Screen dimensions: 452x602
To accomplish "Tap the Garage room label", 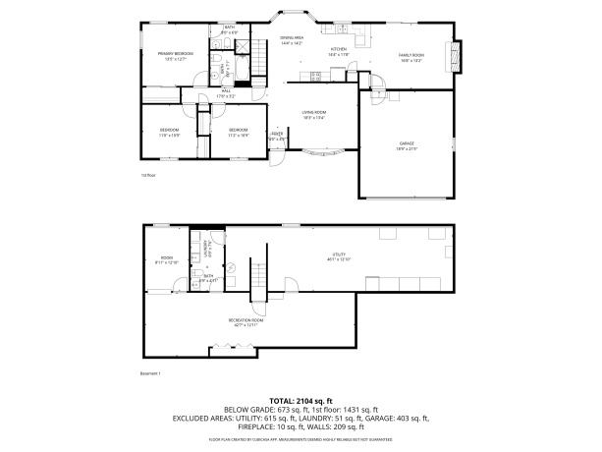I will (407, 146).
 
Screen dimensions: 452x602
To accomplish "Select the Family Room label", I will (410, 57).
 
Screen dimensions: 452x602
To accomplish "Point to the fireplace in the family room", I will (454, 57).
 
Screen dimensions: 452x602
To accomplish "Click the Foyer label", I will (278, 137).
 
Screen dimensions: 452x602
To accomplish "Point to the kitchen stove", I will (317, 77).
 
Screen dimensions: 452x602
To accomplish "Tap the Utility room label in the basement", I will (338, 256).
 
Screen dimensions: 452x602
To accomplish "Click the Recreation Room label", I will (246, 321).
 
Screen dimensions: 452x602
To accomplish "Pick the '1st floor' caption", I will (148, 176).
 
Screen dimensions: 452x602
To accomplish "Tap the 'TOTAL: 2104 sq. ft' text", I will (301, 401).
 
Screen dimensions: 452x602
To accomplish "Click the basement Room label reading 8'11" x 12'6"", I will (166, 261).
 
